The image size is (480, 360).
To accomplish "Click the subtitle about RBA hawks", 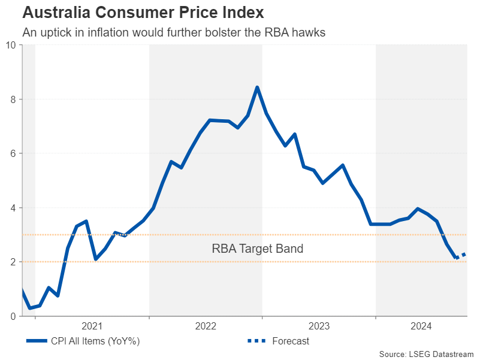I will pyautogui.click(x=174, y=33).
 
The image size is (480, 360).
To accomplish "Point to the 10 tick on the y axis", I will pyautogui.click(x=11, y=45).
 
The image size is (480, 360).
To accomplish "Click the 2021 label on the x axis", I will pyautogui.click(x=92, y=326).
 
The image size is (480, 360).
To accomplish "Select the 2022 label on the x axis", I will pyautogui.click(x=206, y=326).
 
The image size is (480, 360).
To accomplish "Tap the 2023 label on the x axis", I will pyautogui.click(x=319, y=326).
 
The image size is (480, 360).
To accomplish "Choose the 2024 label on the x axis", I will pyautogui.click(x=421, y=326).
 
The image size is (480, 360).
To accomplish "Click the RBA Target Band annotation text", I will pyautogui.click(x=258, y=249).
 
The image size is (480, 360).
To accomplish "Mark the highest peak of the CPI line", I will pyautogui.click(x=257, y=87).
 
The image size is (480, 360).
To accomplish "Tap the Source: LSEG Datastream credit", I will pyautogui.click(x=426, y=353).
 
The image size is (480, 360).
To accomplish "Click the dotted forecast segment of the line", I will pyautogui.click(x=461, y=256).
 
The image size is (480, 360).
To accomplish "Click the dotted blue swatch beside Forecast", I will pyautogui.click(x=256, y=341).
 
